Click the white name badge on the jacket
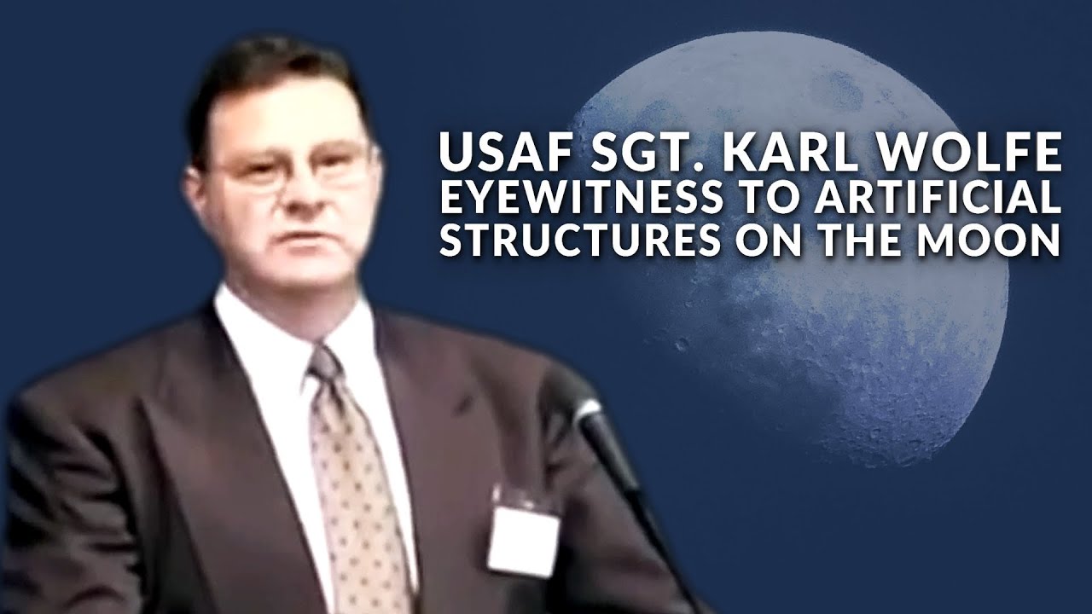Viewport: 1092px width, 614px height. click(523, 538)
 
